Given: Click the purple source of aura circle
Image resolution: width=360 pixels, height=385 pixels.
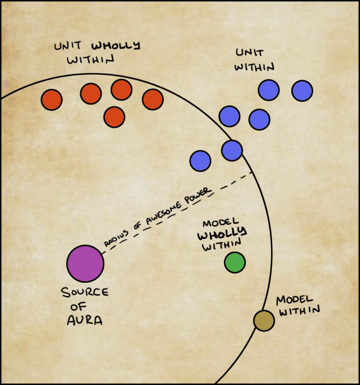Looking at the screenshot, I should tap(85, 263).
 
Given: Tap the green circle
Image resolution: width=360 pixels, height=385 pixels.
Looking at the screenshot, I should tap(235, 262).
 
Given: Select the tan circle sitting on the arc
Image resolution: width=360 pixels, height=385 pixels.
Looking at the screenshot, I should tap(264, 320).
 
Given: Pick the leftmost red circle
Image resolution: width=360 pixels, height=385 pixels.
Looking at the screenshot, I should tap(51, 100).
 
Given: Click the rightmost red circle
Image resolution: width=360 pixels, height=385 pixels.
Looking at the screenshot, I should tap(153, 99).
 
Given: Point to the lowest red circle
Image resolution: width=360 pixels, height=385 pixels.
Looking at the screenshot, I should tap(114, 117).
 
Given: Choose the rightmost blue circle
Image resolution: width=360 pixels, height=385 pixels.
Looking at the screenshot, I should tap(302, 90).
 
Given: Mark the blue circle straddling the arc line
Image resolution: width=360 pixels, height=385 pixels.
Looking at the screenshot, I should tap(232, 150).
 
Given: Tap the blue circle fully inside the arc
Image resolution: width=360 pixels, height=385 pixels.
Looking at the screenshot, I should tap(200, 161).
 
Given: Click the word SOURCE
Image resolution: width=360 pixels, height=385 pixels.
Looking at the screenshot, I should tap(85, 293).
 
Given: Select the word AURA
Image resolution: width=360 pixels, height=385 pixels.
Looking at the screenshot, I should tap(85, 320).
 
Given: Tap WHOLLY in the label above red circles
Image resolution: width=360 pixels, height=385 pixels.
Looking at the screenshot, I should tap(120, 46).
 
